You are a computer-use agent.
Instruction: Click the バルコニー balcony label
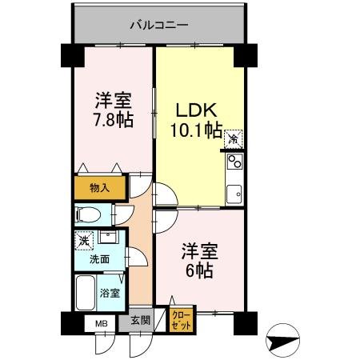click(x=159, y=25)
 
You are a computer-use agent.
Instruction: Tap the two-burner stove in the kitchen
click(x=235, y=163)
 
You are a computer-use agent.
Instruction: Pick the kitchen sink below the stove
click(x=234, y=193)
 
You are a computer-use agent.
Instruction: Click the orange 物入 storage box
click(x=100, y=187)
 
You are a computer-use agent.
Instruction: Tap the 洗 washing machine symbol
click(x=84, y=238)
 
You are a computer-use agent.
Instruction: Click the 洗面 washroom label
click(x=99, y=259)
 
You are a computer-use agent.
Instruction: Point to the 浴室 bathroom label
click(x=110, y=293)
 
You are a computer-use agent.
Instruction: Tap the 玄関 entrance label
click(x=140, y=321)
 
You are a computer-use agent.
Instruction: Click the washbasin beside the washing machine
click(x=109, y=238)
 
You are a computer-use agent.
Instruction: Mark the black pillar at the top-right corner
click(x=245, y=55)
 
